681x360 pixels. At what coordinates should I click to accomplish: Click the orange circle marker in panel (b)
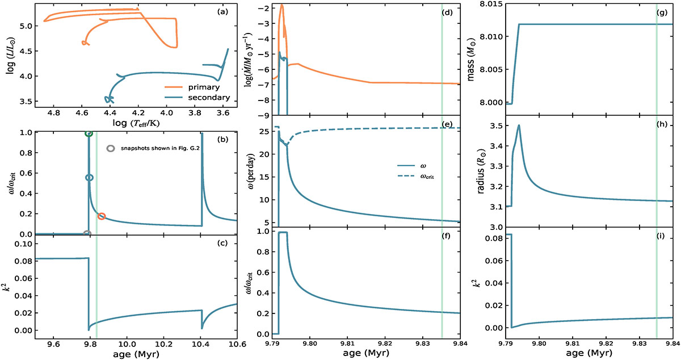point(102,216)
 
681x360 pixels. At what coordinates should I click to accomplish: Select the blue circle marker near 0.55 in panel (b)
point(89,178)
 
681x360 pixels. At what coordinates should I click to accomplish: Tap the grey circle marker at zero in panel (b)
point(87,234)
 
